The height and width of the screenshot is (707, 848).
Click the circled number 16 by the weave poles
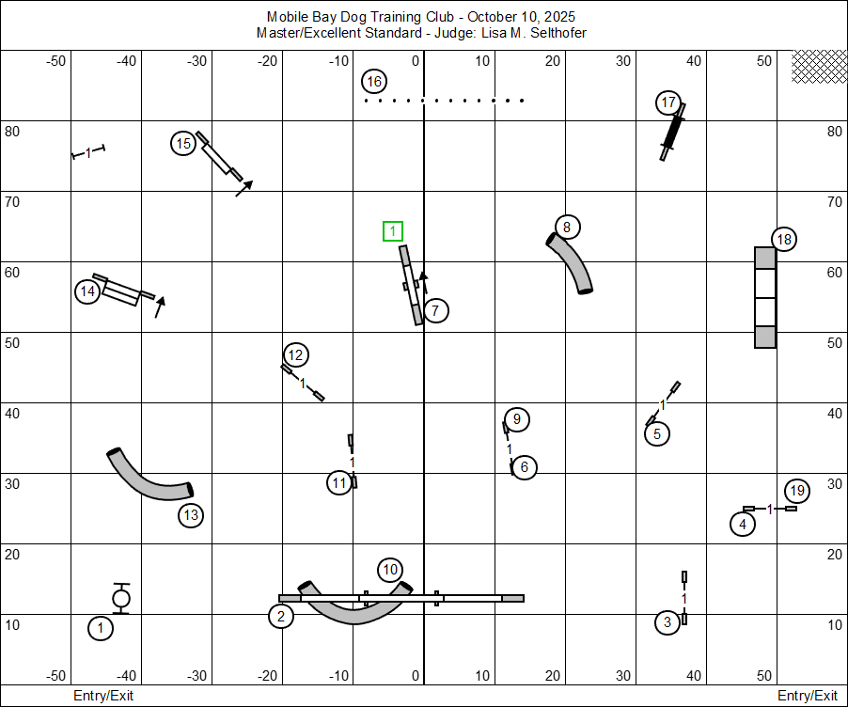coord(374,82)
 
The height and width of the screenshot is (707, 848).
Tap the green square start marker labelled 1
coord(393,231)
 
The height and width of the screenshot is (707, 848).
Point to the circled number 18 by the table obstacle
coord(783,240)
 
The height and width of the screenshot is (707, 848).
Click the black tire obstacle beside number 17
coord(672,132)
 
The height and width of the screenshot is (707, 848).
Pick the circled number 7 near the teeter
coord(435,310)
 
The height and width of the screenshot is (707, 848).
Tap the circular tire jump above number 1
coord(121,598)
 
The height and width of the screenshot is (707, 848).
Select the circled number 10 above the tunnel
coord(390,570)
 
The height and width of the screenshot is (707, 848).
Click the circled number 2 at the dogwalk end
coord(280,616)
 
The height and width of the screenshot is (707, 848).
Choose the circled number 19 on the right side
coord(796,491)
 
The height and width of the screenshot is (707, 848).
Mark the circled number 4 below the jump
coord(743,525)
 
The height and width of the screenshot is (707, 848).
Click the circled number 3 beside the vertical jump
coord(667,622)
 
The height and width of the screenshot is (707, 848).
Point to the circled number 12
coord(295,354)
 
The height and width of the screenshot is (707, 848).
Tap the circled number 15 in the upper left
coord(183,144)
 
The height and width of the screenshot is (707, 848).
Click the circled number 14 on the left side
coord(87,291)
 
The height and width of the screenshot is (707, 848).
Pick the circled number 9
coord(516,419)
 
